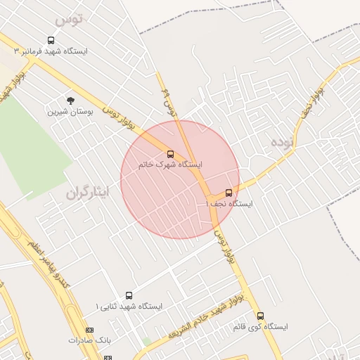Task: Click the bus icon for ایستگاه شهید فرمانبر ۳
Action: tap(51, 41)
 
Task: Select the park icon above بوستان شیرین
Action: tap(70, 101)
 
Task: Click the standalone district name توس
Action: tap(69, 19)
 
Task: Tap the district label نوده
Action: tap(281, 142)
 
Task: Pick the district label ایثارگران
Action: tap(89, 191)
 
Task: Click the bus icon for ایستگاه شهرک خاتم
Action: tap(170, 153)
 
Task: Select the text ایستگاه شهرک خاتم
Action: tap(172, 165)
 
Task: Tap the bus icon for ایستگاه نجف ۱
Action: tap(229, 192)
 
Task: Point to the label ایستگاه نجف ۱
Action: tap(230, 203)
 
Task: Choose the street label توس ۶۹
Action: tap(167, 101)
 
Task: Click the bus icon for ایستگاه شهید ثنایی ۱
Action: tap(129, 295)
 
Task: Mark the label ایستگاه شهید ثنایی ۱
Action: tap(129, 307)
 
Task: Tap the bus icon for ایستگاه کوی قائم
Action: tap(261, 316)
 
